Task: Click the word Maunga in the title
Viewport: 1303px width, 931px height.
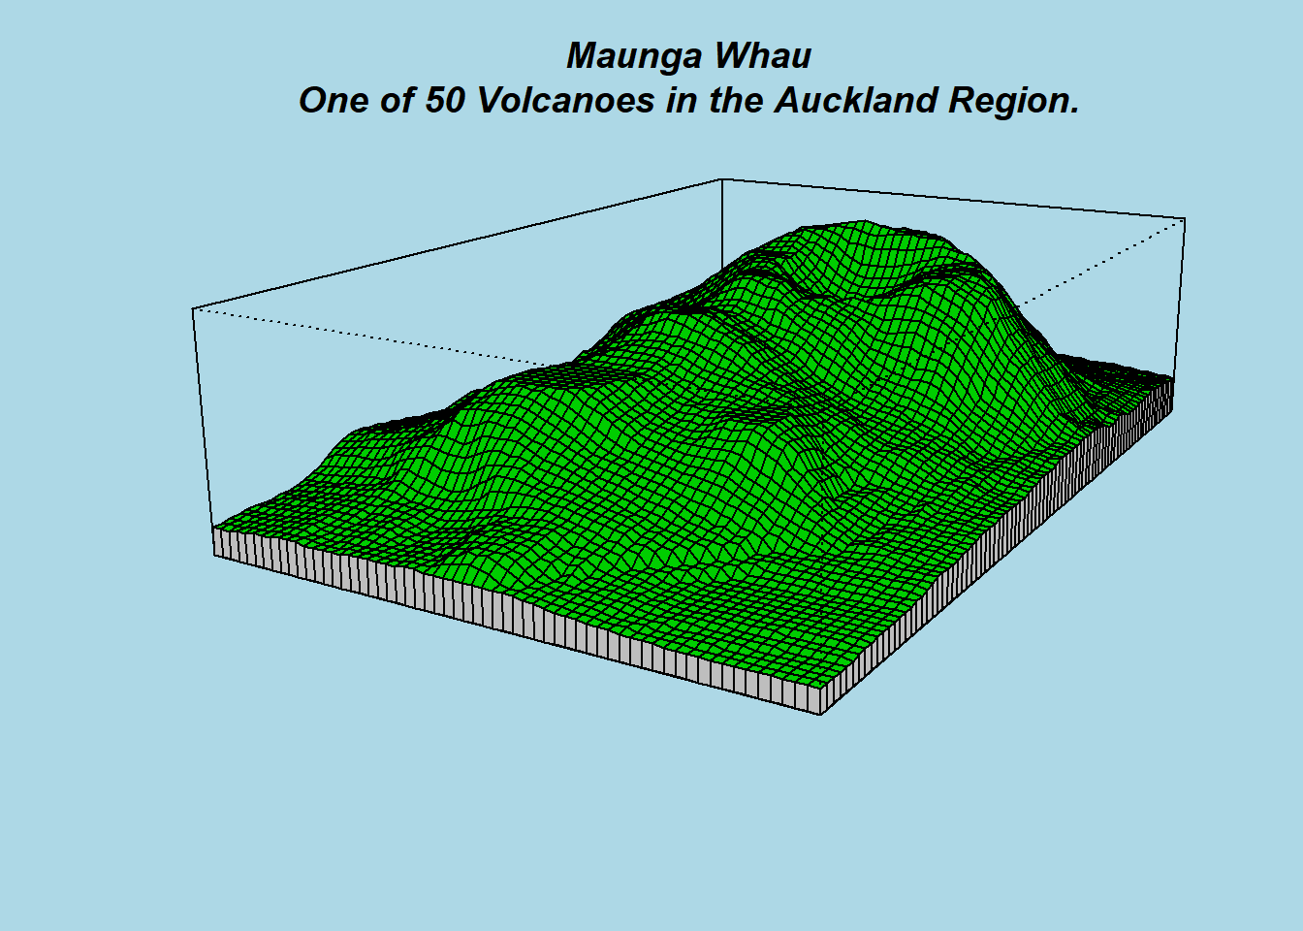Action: point(635,57)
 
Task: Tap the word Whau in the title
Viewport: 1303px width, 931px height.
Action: point(763,56)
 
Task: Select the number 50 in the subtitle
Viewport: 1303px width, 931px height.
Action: point(445,100)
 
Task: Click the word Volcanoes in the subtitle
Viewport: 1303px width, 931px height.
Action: point(565,100)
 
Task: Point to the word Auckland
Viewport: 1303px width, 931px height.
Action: point(856,100)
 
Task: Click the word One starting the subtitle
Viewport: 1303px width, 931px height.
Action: point(334,100)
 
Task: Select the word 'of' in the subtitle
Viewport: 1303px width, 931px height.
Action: point(397,100)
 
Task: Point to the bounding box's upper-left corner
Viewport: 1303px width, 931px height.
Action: point(193,309)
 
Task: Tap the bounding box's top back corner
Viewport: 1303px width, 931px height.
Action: point(722,179)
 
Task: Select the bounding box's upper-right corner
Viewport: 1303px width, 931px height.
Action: point(1185,219)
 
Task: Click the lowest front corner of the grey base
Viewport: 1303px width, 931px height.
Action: point(820,715)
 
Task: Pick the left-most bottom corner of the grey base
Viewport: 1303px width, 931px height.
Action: point(214,555)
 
